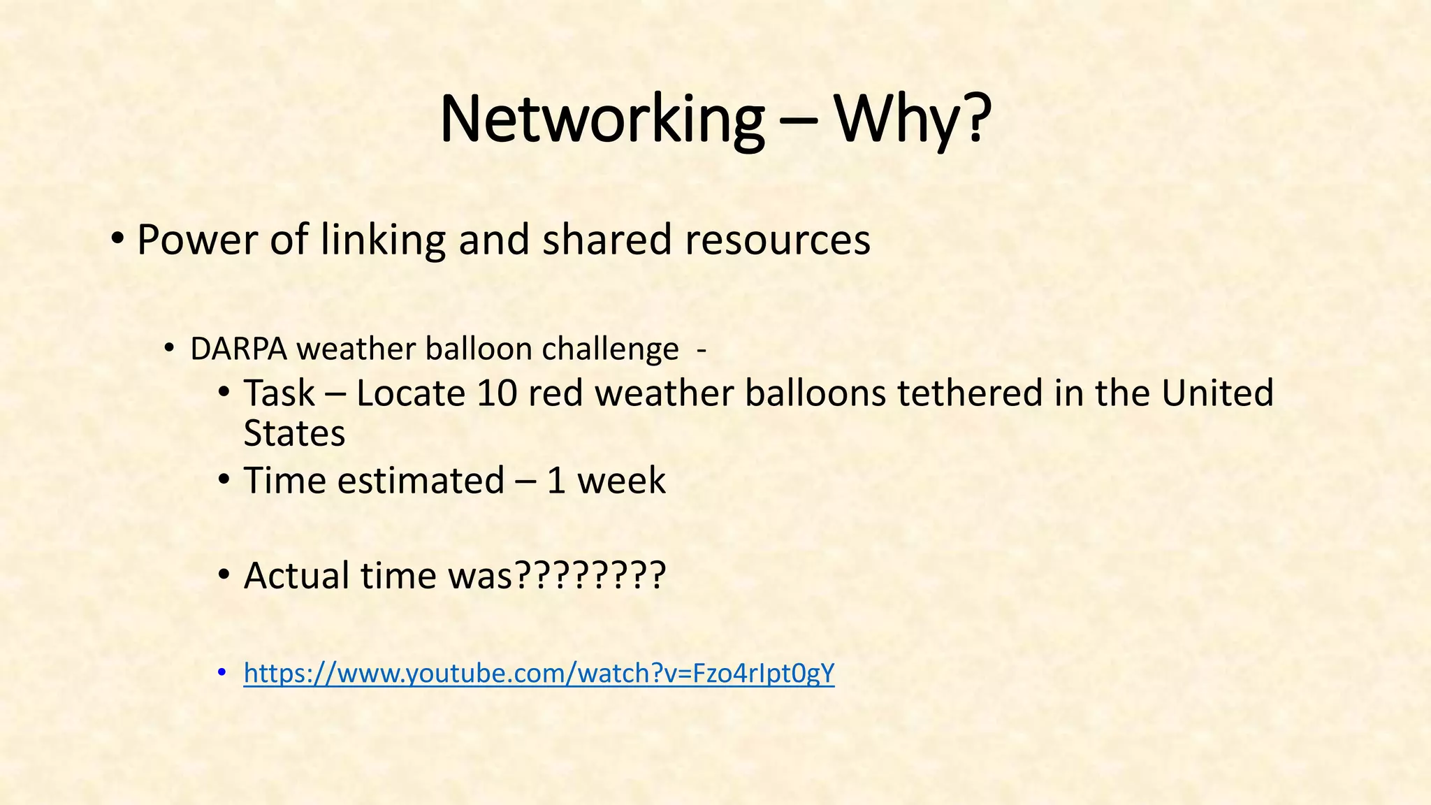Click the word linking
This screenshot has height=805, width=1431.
[x=383, y=240]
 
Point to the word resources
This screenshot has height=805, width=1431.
[x=777, y=240]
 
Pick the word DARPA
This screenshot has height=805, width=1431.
[x=238, y=349]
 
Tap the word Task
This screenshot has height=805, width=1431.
[x=279, y=393]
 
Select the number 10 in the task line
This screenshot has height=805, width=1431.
[x=497, y=393]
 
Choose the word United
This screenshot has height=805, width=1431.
[x=1217, y=393]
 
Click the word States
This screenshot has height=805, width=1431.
[x=294, y=433]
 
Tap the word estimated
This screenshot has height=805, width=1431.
[x=421, y=481]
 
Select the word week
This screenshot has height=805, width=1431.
[x=621, y=481]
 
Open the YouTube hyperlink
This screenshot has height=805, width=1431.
[x=539, y=674]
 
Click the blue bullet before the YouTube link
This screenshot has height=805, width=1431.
[x=222, y=672]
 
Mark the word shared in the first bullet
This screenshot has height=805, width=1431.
[x=606, y=240]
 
